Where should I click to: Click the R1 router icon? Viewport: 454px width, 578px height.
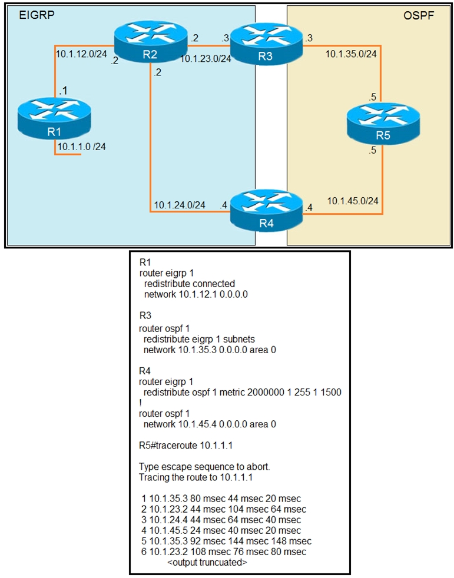[54, 119]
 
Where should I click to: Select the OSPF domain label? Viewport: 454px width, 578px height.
[419, 16]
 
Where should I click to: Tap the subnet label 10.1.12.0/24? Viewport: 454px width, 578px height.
[81, 54]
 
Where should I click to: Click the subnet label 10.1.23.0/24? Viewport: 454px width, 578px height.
[206, 58]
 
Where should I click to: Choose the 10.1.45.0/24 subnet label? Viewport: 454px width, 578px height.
[352, 201]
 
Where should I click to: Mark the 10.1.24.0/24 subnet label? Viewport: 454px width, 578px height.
[180, 205]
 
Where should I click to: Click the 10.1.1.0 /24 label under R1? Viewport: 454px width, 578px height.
[82, 145]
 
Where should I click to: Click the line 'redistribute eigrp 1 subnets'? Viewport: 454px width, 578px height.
[203, 338]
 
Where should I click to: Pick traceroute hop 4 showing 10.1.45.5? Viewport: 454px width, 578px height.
[221, 530]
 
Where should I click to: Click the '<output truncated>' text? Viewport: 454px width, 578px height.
[207, 562]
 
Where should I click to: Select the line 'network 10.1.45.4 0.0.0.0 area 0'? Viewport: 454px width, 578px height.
[210, 424]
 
